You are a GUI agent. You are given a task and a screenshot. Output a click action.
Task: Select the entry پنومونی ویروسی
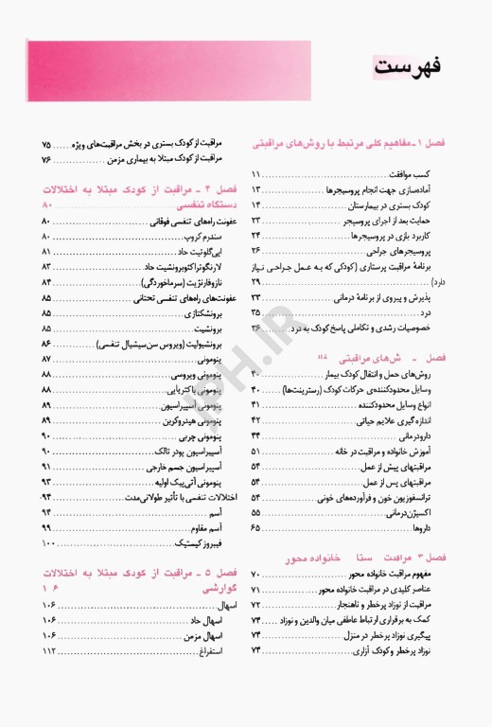[199, 376]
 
